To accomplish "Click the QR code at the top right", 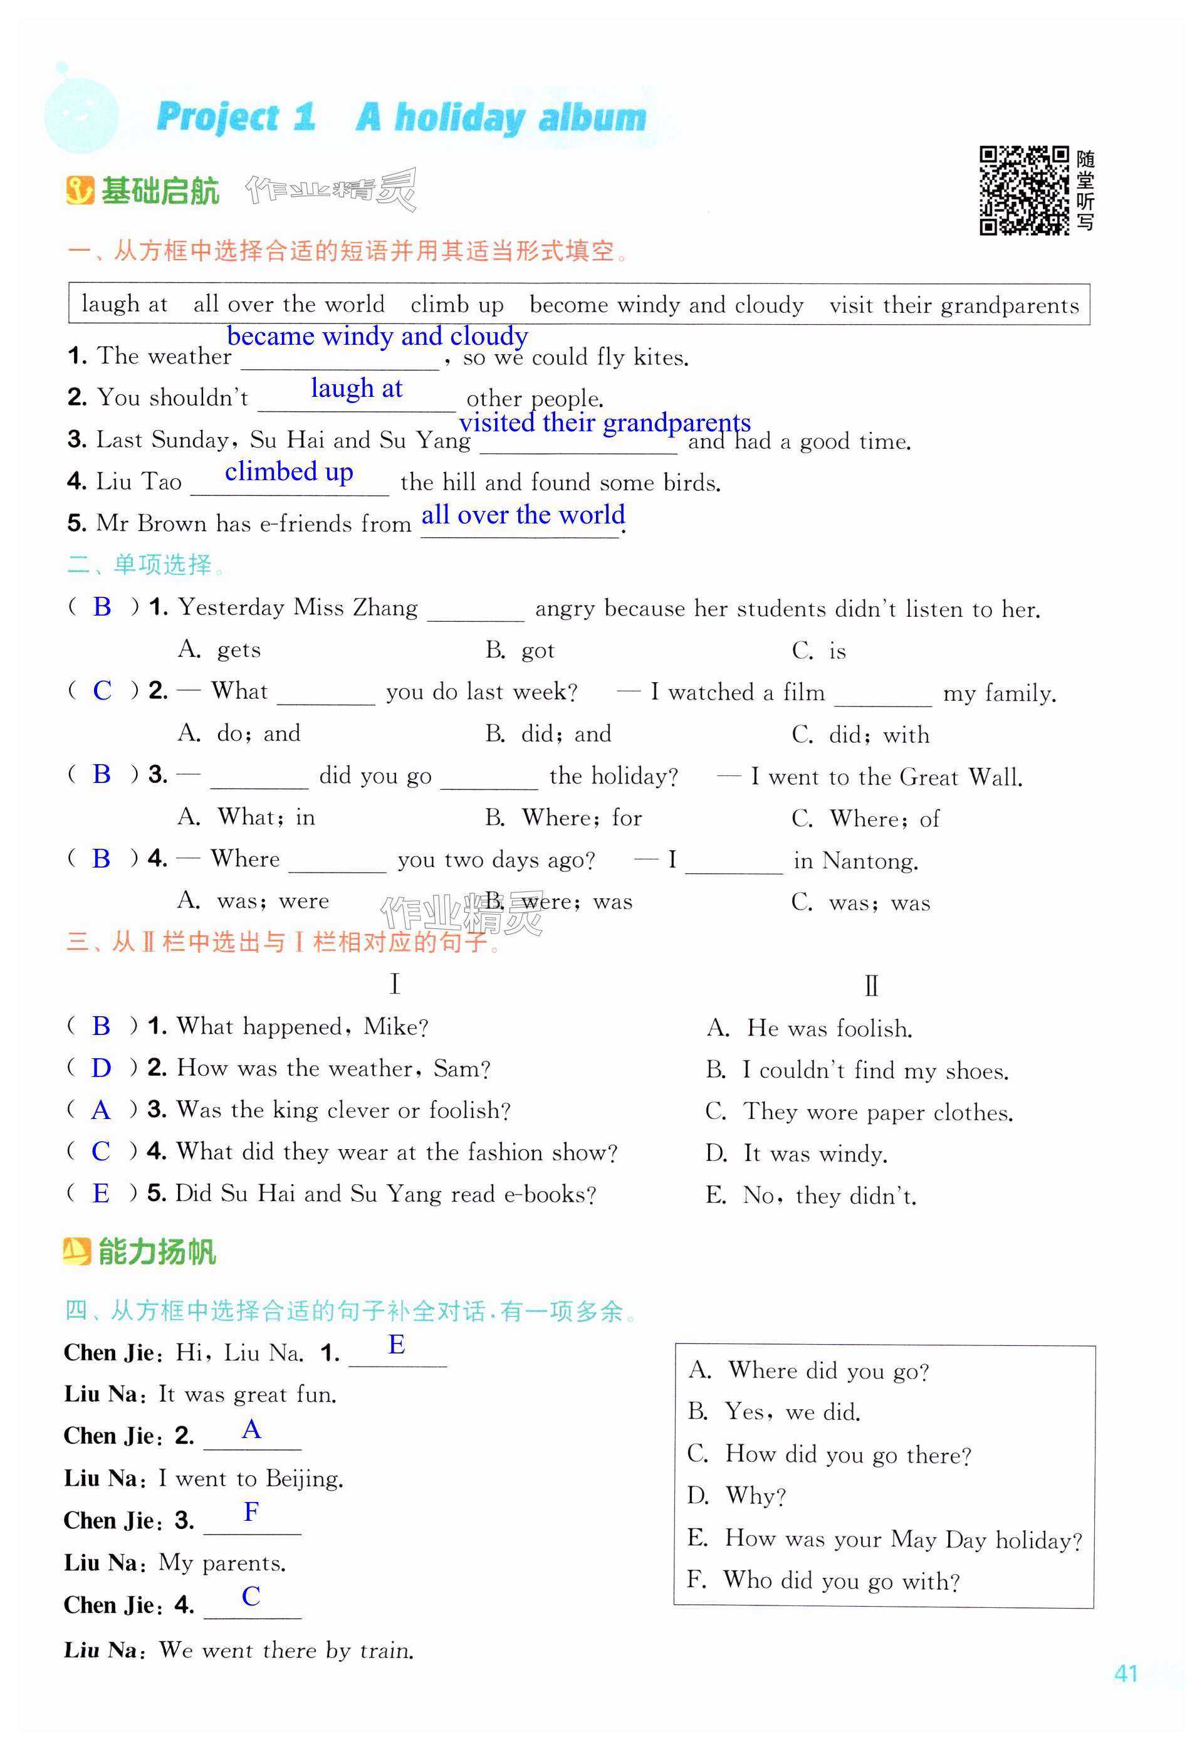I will pyautogui.click(x=1023, y=191).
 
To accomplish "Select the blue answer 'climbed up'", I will pyautogui.click(x=288, y=471).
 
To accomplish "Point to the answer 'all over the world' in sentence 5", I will pyautogui.click(x=523, y=515).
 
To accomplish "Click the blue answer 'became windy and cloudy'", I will pyautogui.click(x=377, y=335).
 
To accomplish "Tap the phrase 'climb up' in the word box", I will pyautogui.click(x=456, y=305).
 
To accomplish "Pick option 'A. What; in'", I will pyautogui.click(x=246, y=817).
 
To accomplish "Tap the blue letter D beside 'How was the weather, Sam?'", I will pyautogui.click(x=101, y=1068).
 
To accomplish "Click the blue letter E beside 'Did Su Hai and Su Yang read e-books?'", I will pyautogui.click(x=101, y=1192).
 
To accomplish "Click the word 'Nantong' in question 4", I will pyautogui.click(x=869, y=860).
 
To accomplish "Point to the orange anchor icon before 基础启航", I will pyautogui.click(x=80, y=191).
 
